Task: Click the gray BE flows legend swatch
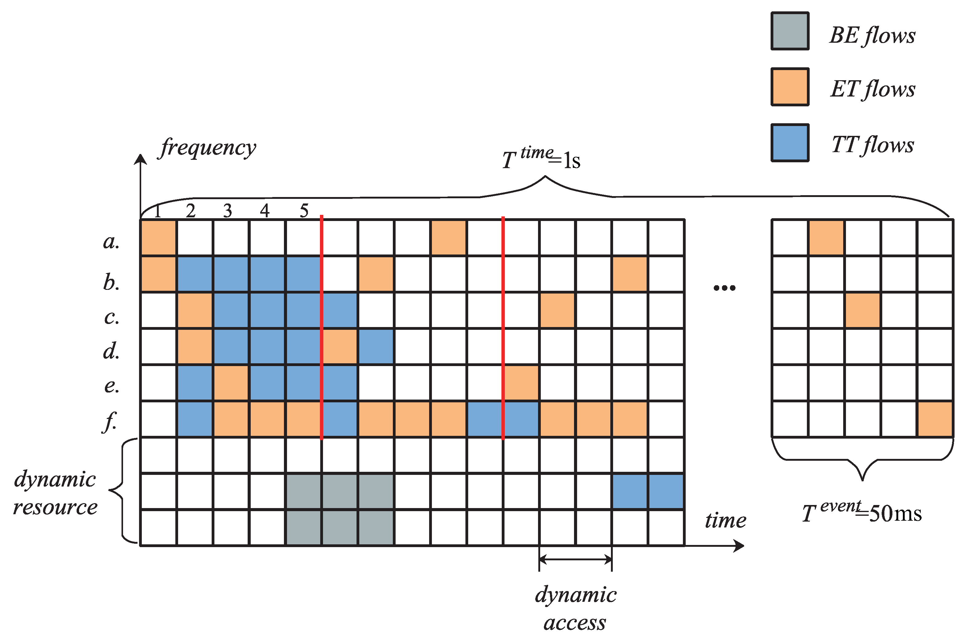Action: coord(790,31)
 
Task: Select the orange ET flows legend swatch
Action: coord(790,87)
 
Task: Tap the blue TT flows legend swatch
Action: coord(790,143)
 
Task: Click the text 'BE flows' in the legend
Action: coord(872,35)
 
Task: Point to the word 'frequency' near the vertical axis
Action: coord(208,148)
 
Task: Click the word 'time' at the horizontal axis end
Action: coord(725,520)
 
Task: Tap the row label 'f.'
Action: coord(110,421)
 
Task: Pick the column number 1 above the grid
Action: coord(158,211)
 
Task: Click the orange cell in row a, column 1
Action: coord(158,238)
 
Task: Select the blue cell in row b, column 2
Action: coord(194,274)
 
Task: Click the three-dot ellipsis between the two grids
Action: coord(724,288)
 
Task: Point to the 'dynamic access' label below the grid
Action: coord(576,608)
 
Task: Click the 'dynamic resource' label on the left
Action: coord(55,493)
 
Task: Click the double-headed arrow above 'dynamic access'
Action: coord(576,559)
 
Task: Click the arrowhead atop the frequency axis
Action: coord(140,160)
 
